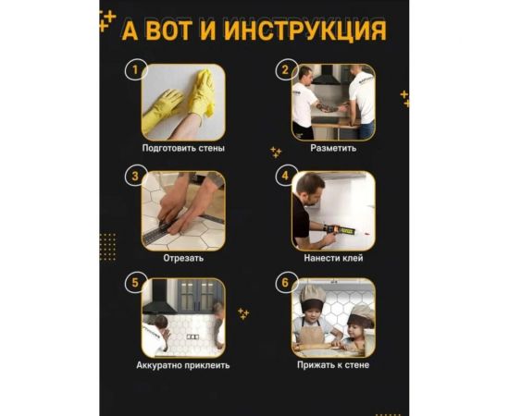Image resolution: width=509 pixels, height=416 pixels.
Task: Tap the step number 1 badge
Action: [x=135, y=69]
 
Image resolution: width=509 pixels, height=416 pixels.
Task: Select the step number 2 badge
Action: [x=286, y=69]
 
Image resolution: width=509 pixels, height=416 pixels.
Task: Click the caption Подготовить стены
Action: [x=183, y=148]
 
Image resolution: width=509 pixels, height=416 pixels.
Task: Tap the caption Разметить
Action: [x=332, y=148]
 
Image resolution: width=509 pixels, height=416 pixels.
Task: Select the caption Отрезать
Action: [x=183, y=258]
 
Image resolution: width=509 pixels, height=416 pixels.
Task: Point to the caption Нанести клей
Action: [x=332, y=258]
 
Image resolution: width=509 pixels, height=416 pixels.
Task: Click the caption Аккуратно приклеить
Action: [x=183, y=365]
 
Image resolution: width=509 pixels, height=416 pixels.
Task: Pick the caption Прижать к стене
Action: [x=333, y=365]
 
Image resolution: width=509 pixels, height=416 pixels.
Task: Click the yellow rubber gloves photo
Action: [x=183, y=102]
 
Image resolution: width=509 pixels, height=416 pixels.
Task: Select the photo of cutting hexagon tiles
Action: [x=183, y=211]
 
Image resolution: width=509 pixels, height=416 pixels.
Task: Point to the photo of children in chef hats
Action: [x=334, y=318]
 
